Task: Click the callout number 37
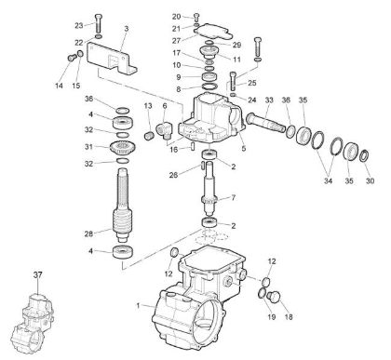37,275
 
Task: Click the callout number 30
371,182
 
